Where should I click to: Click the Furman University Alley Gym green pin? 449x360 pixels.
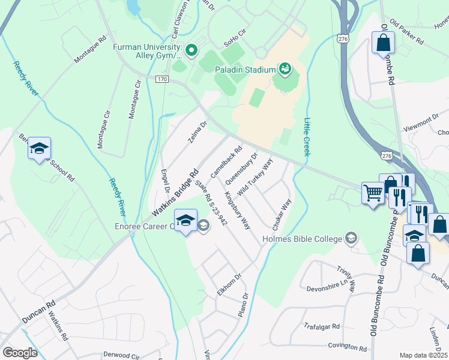pyautogui.click(x=191, y=50)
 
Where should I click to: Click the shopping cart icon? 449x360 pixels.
pyautogui.click(x=373, y=193)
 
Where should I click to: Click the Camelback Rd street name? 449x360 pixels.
pyautogui.click(x=226, y=162)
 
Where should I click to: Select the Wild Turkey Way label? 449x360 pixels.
pyautogui.click(x=255, y=177)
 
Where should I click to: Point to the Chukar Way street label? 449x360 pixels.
pyautogui.click(x=282, y=215)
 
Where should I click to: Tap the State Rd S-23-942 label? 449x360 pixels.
pyautogui.click(x=210, y=204)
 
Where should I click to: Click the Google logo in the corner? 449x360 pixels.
pyautogui.click(x=20, y=353)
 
